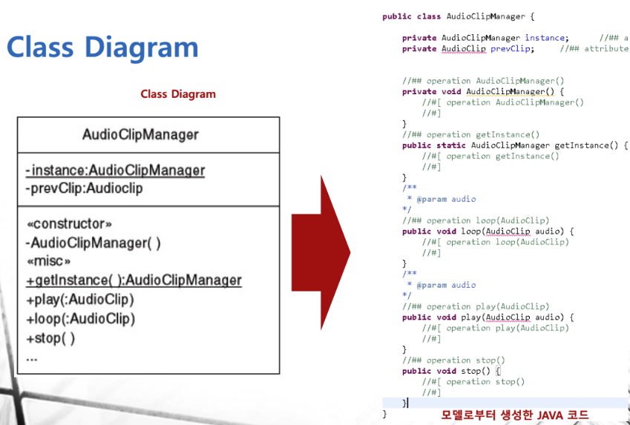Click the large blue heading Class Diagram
tap(102, 47)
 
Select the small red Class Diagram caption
tap(178, 94)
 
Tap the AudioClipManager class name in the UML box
tap(140, 135)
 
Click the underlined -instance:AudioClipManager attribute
tap(115, 171)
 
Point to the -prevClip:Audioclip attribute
tap(84, 188)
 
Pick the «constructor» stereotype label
tap(69, 224)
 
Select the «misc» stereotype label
tap(48, 261)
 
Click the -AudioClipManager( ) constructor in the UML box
tap(93, 243)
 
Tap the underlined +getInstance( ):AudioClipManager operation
tap(134, 280)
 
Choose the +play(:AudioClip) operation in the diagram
tap(80, 300)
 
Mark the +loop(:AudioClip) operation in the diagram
tap(80, 319)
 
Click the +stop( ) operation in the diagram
tap(50, 338)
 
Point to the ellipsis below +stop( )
tap(31, 358)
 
